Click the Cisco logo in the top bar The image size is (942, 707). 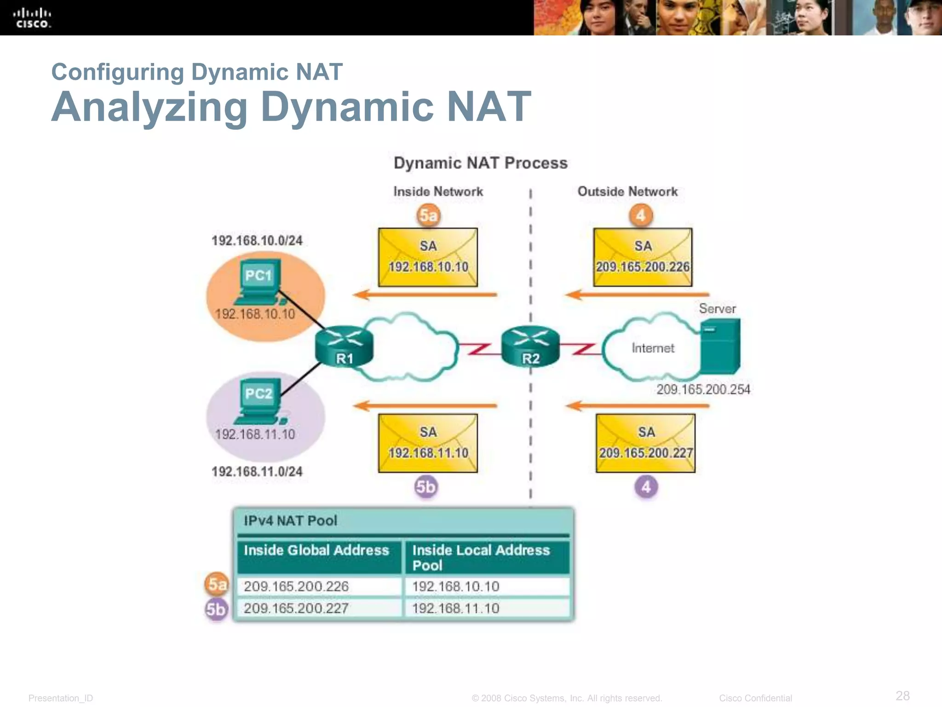coord(32,18)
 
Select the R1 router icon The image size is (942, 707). coord(344,348)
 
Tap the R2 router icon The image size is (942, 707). coord(530,348)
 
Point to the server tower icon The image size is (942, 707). coord(720,346)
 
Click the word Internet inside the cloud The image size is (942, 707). coord(653,348)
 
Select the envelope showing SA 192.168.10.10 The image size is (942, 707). coord(428,257)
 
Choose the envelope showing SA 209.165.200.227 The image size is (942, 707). coord(645,443)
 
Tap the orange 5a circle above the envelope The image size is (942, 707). coord(428,215)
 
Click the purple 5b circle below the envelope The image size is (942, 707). coord(426,487)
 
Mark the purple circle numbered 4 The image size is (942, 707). coord(646,487)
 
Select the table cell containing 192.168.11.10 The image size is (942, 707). coord(486,608)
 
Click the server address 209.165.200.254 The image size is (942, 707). coord(703,389)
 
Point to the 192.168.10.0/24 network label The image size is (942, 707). coord(257,240)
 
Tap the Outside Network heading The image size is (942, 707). coord(627,191)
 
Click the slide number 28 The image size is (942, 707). coord(902,695)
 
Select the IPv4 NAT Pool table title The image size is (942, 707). coord(290,521)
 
